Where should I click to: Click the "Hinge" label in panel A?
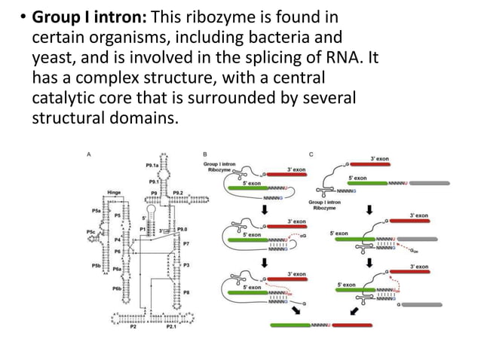pos(114,193)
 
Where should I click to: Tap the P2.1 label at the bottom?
pos(173,328)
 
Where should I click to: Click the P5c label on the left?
pos(91,232)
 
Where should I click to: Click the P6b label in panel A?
pos(117,288)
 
